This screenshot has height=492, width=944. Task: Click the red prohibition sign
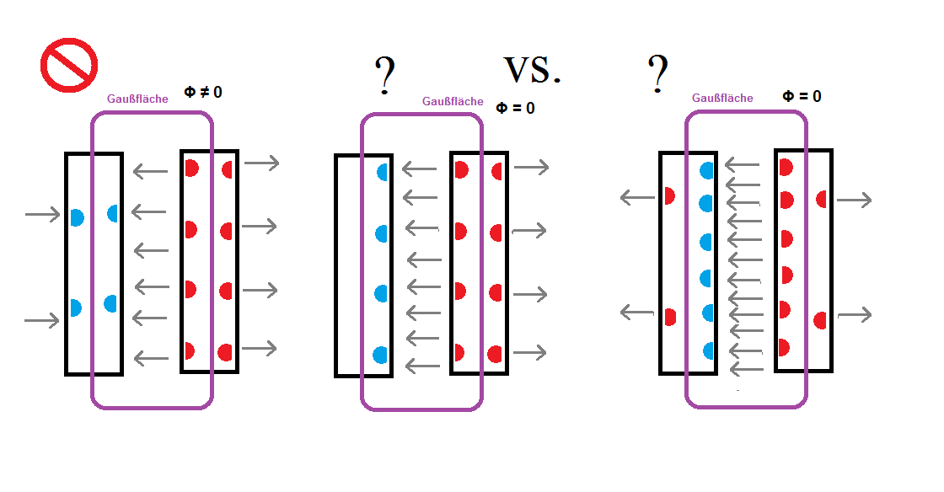(x=69, y=65)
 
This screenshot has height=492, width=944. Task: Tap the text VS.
(x=532, y=70)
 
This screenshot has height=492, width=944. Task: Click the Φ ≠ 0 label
(x=203, y=92)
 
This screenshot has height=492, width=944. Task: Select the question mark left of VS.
(x=384, y=76)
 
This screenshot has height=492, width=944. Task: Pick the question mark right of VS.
(x=658, y=73)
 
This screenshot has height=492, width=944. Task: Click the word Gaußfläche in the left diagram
(x=137, y=99)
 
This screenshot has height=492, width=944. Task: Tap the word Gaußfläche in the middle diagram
(x=453, y=101)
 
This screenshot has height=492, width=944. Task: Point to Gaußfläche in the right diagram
(x=722, y=98)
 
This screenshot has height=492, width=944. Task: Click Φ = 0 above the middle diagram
(x=515, y=108)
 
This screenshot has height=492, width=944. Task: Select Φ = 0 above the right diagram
(x=802, y=96)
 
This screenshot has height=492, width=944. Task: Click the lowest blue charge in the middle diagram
(x=380, y=355)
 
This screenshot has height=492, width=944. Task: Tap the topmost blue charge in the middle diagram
(x=383, y=172)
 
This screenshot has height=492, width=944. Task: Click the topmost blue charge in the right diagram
(x=707, y=171)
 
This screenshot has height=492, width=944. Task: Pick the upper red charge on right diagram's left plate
(x=669, y=195)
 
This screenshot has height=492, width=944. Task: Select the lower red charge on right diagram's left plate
(x=670, y=317)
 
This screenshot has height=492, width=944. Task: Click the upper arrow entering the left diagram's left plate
(x=43, y=214)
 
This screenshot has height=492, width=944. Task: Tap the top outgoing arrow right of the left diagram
(x=262, y=163)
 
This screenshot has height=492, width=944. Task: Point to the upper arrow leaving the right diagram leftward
(x=637, y=197)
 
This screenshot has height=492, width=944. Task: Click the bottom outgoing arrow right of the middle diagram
(x=529, y=352)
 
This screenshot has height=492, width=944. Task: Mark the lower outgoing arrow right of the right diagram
(x=855, y=314)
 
